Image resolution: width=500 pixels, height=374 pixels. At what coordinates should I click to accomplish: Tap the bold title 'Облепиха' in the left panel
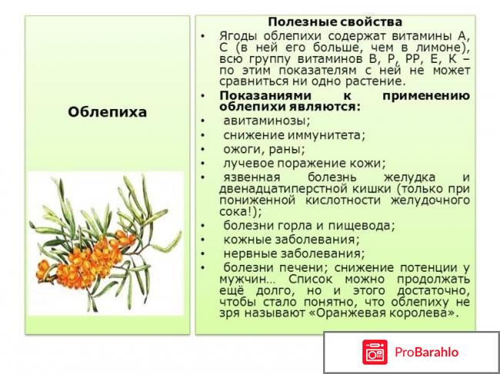point(108,111)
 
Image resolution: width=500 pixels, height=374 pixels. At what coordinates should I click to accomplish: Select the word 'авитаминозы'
point(266,121)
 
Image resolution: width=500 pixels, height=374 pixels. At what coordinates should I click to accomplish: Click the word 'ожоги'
point(242,149)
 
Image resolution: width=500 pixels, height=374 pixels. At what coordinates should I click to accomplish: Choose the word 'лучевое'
point(246,163)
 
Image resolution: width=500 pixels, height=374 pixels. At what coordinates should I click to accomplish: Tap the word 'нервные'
point(248,253)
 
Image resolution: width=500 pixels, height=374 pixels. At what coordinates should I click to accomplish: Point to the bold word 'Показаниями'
point(259,95)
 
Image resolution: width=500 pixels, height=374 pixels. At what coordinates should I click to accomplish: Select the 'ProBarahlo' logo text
point(427,352)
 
